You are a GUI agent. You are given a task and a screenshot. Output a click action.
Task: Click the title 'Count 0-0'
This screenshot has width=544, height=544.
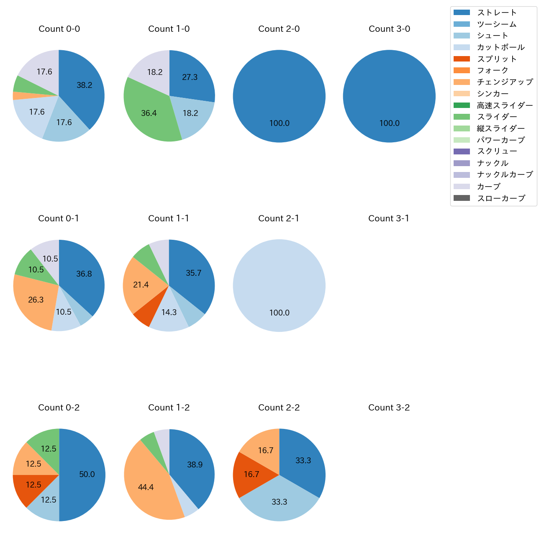tap(59, 29)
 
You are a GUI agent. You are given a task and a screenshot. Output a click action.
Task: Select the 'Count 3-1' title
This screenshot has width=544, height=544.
tap(388, 218)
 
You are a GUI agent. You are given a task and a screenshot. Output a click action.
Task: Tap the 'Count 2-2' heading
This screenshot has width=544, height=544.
tap(279, 408)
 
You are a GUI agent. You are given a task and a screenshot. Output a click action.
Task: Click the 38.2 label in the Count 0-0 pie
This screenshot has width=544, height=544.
tap(84, 85)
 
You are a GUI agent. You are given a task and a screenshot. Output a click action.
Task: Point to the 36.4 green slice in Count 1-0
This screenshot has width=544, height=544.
tap(149, 113)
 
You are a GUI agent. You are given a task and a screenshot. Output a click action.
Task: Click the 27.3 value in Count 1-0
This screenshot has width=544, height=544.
tap(190, 77)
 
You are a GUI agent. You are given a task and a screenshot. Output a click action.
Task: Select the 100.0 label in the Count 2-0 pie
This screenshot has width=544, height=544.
tap(279, 123)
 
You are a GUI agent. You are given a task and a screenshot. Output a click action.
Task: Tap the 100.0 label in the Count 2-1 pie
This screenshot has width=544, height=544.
tap(279, 313)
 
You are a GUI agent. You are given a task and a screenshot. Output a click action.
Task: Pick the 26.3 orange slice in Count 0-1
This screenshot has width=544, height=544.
tap(36, 300)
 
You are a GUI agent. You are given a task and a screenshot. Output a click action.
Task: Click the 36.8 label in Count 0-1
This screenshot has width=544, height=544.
tap(84, 274)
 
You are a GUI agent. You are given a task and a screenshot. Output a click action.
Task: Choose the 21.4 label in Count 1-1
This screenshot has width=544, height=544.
tap(141, 285)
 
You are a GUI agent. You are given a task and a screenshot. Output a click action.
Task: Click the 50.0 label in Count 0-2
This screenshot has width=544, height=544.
tap(87, 475)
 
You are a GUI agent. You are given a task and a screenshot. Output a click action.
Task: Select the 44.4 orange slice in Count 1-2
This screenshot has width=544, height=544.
tap(146, 488)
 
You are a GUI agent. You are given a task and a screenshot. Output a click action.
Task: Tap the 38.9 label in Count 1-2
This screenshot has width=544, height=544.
tap(195, 465)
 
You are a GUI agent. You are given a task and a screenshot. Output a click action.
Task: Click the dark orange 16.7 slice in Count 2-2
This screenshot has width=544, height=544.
tap(251, 475)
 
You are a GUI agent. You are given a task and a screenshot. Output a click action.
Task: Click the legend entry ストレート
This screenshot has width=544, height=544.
tap(497, 13)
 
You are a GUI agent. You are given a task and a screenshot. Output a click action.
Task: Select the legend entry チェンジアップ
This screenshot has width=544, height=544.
tap(505, 82)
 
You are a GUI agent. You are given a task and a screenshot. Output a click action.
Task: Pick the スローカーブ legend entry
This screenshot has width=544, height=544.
tap(501, 198)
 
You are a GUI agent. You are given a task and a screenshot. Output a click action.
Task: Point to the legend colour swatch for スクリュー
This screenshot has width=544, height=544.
tap(462, 151)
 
